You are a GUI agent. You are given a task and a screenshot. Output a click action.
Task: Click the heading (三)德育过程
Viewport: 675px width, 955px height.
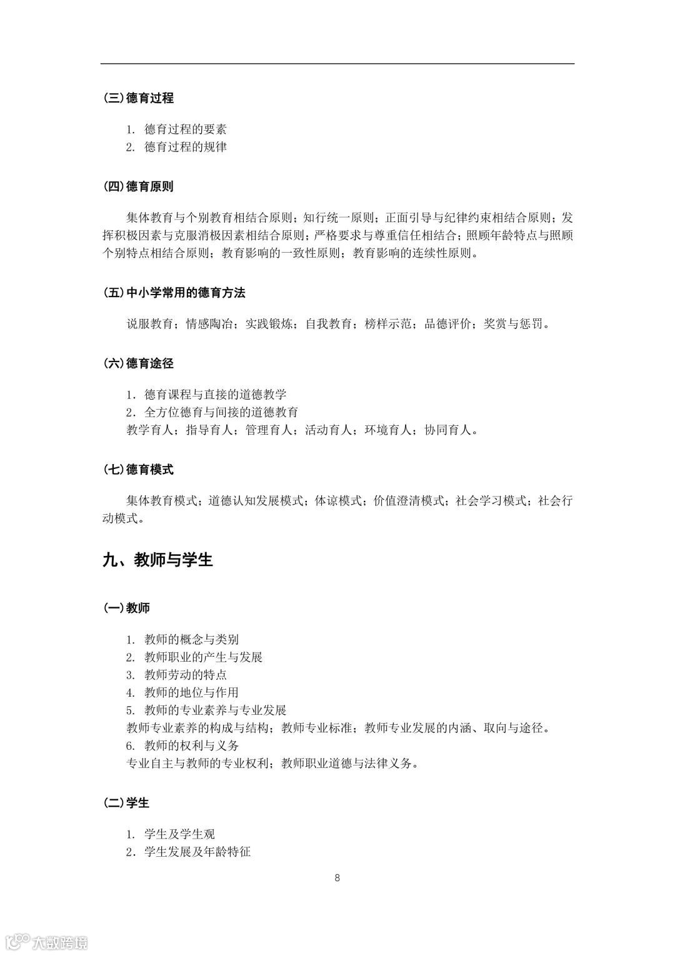pos(138,98)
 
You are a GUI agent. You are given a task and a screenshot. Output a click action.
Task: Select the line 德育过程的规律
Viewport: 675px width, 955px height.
pos(185,147)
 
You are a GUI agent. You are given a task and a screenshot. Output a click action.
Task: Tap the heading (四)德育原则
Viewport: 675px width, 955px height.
pos(138,186)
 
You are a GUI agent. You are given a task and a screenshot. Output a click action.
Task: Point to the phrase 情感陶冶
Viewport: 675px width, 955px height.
pos(209,324)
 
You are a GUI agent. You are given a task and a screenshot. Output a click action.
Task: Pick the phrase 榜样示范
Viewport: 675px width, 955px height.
pos(388,324)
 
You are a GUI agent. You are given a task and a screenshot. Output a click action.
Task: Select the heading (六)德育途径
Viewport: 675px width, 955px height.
pos(138,363)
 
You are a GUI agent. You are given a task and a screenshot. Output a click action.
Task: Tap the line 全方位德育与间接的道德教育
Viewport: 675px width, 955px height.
pos(221,412)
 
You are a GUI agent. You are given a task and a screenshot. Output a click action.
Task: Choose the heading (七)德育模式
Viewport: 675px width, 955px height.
pos(138,470)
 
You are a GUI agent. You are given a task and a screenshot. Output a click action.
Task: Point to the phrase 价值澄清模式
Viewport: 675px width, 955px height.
pos(408,501)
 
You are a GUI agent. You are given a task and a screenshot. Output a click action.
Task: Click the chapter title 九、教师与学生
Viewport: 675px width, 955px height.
pos(158,560)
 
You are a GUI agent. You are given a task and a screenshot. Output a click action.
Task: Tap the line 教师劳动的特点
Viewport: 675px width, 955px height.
pos(185,675)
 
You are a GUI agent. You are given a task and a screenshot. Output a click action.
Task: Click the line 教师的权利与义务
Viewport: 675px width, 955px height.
pos(191,745)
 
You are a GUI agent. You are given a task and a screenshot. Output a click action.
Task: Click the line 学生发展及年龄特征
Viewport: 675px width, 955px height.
pos(197,852)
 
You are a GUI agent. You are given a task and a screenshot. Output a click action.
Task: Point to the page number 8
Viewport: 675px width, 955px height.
pos(337,878)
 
